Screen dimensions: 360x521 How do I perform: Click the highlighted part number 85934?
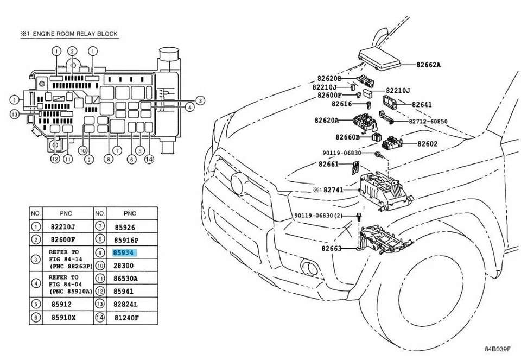(x=124, y=253)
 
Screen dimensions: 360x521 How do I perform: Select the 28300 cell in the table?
(x=123, y=266)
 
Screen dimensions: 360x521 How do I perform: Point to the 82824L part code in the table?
(x=125, y=305)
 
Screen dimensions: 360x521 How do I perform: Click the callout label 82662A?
(x=429, y=65)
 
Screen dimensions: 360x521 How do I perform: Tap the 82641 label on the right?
(x=422, y=104)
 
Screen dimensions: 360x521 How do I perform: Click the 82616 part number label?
(x=343, y=104)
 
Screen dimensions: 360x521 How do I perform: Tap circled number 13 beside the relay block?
(x=15, y=114)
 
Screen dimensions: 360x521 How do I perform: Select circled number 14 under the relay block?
(x=149, y=159)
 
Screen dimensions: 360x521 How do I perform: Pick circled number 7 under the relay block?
(x=116, y=150)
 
